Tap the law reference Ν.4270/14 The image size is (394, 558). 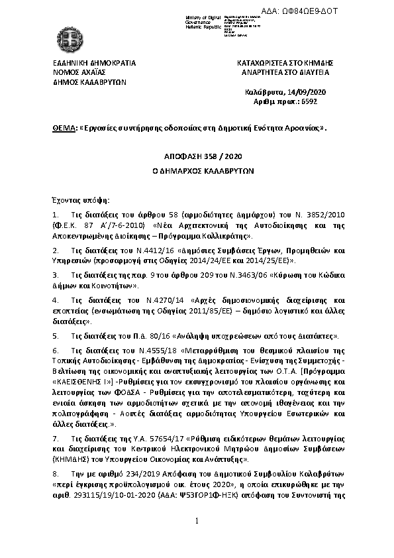tap(156, 300)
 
